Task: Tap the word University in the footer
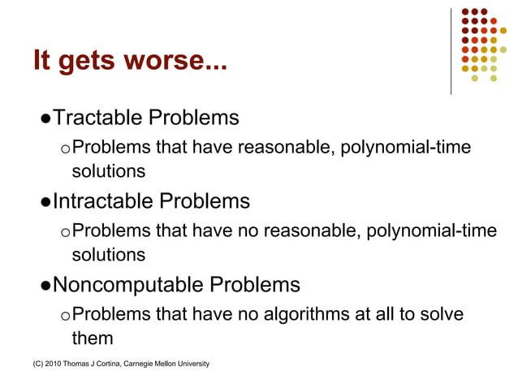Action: point(193,363)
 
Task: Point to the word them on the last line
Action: point(92,337)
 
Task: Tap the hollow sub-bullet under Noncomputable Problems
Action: point(65,315)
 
